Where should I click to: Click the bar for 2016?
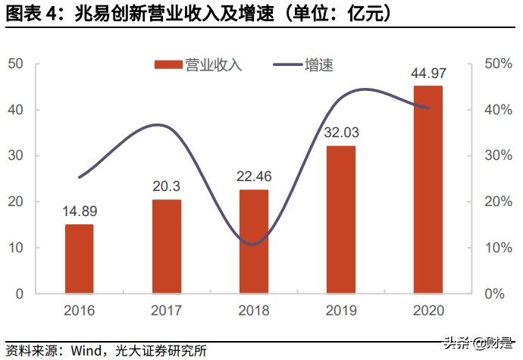pyautogui.click(x=79, y=258)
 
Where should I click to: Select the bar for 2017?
pyautogui.click(x=167, y=246)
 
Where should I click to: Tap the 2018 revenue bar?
pyautogui.click(x=254, y=241)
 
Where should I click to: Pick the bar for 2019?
pyautogui.click(x=340, y=219)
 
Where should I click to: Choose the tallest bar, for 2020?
pyautogui.click(x=427, y=189)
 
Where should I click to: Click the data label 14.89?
pyautogui.click(x=79, y=211)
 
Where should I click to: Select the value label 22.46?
pyautogui.click(x=254, y=177)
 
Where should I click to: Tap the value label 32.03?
pyautogui.click(x=340, y=133)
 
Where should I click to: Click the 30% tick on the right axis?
pyautogui.click(x=497, y=156)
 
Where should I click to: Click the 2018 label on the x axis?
pyautogui.click(x=254, y=311)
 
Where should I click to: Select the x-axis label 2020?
pyautogui.click(x=427, y=311)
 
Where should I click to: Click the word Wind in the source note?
pyautogui.click(x=88, y=350)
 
